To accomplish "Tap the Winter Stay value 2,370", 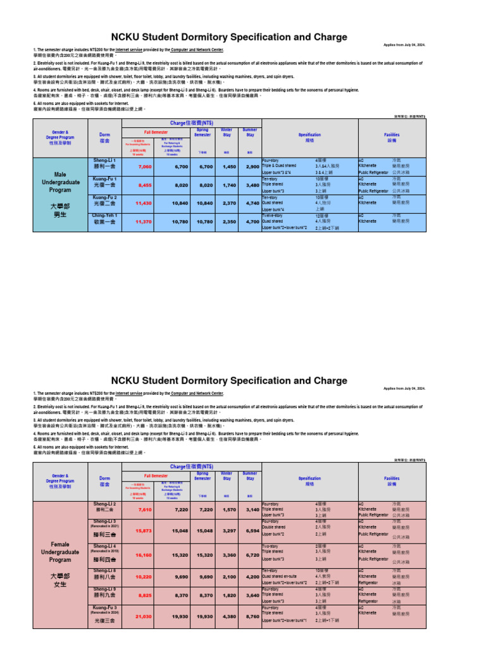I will [227, 203].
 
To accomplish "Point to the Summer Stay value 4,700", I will [252, 222].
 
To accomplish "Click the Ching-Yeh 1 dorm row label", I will [104, 219].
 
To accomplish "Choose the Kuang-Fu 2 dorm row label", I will [104, 201].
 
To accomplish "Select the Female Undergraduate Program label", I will [60, 551].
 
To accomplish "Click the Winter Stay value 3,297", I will [227, 530].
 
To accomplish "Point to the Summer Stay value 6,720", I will [252, 552].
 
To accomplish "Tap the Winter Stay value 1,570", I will [227, 509].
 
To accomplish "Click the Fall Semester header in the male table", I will [156, 132].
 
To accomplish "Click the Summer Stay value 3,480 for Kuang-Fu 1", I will [252, 185].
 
